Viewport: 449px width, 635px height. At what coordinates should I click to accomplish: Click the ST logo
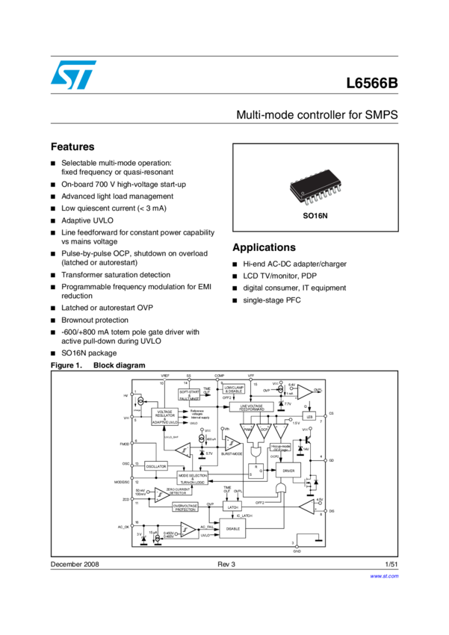click(x=73, y=75)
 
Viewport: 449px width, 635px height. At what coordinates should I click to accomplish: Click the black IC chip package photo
click(x=315, y=188)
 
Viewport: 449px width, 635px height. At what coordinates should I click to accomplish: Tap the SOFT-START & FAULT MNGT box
click(x=190, y=394)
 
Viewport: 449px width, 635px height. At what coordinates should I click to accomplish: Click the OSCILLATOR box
click(x=156, y=465)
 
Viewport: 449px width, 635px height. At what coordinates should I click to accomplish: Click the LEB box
click(x=309, y=416)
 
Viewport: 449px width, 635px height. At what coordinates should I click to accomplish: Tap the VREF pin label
click(x=164, y=375)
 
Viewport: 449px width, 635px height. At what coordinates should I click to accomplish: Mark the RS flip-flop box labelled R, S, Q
click(x=256, y=471)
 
